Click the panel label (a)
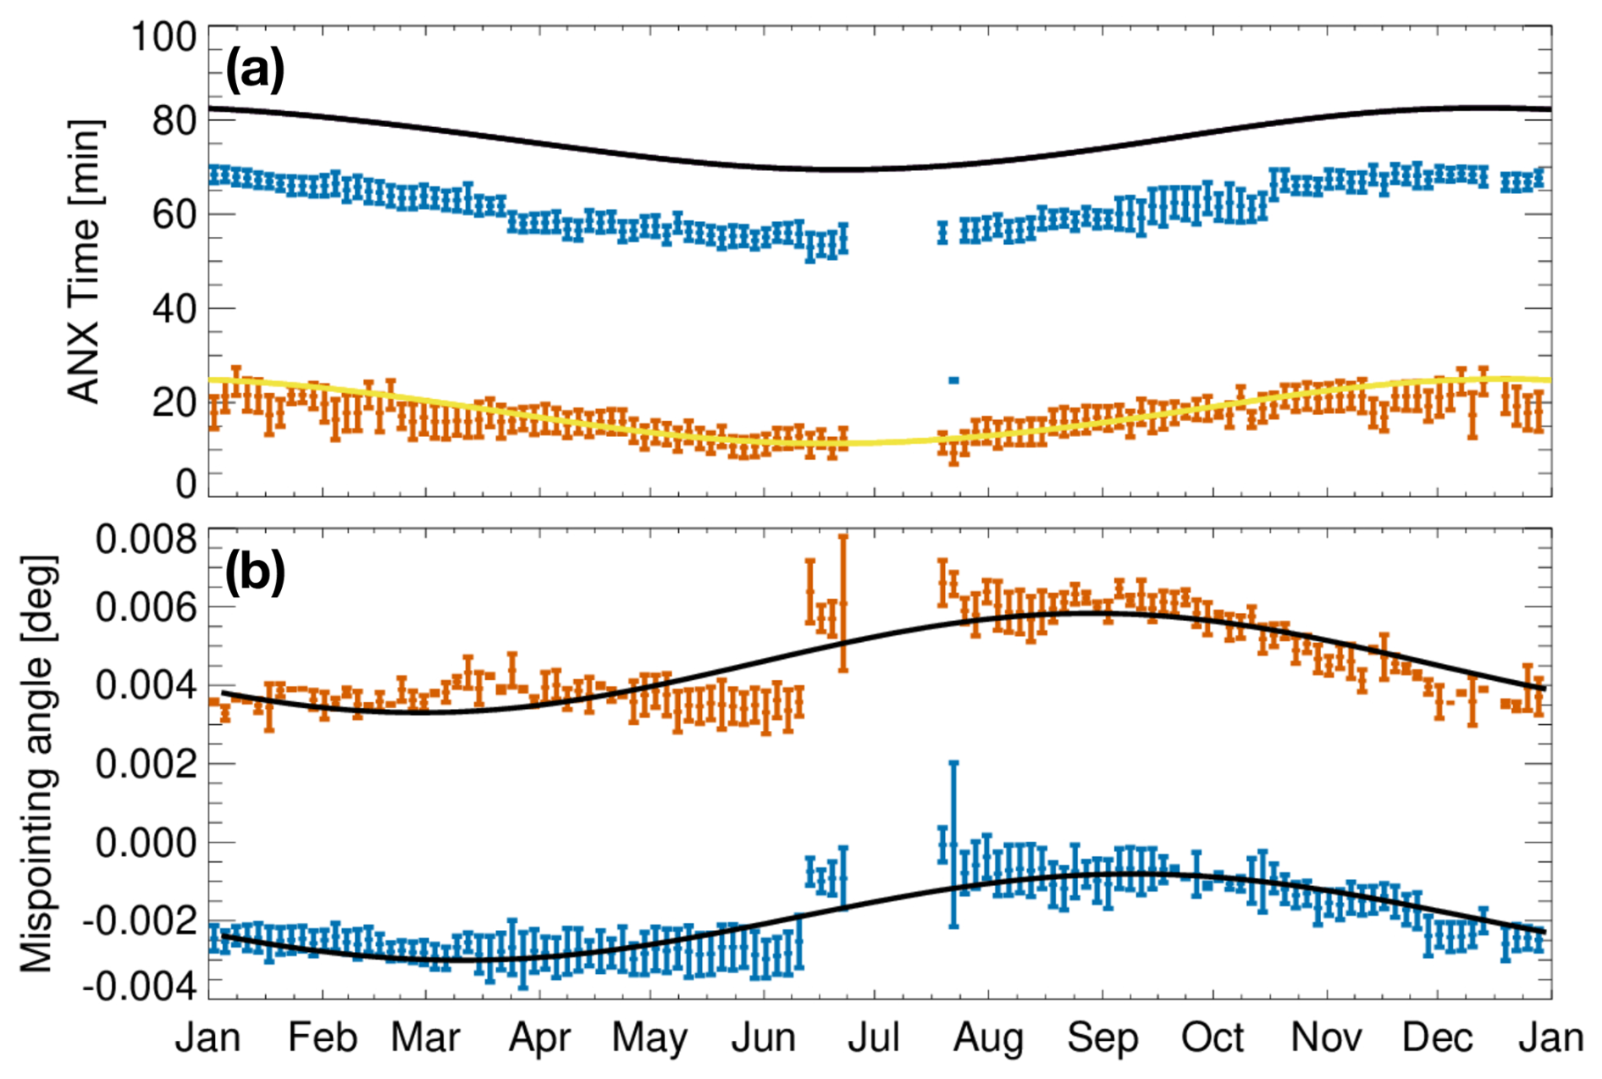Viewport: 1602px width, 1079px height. point(254,71)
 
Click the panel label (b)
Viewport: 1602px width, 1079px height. point(254,573)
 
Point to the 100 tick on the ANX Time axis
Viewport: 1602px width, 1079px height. point(163,37)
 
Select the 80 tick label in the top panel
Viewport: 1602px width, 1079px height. point(174,121)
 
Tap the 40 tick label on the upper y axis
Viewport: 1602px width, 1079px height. point(174,309)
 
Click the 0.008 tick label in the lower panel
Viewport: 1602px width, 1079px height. point(146,539)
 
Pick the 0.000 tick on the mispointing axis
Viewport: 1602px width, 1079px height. point(146,843)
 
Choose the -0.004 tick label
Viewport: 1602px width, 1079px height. point(140,987)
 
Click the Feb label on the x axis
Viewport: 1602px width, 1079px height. point(322,1038)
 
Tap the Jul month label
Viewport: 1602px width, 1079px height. point(874,1038)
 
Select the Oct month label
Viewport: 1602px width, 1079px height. point(1213,1038)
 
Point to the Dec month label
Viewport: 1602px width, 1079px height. point(1438,1038)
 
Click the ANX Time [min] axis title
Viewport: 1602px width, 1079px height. point(84,261)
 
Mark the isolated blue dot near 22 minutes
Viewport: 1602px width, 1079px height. point(953,380)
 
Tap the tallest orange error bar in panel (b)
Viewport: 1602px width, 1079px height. point(842,603)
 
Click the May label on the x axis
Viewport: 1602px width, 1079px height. point(649,1038)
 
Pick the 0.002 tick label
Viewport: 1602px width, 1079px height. point(146,764)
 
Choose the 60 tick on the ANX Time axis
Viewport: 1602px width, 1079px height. point(174,214)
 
